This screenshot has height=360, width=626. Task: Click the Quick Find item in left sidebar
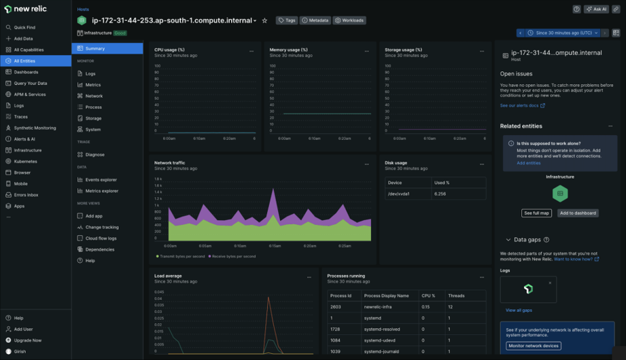24,27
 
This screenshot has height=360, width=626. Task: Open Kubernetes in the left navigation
26,161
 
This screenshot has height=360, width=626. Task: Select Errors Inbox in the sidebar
26,195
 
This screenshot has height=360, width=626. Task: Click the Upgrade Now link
27,340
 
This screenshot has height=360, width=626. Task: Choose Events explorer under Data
101,180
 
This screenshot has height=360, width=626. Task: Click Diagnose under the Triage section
94,155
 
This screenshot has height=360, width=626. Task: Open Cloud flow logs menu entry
101,238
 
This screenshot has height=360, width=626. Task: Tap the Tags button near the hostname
287,20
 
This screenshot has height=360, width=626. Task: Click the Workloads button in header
349,20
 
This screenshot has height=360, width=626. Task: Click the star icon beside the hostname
264,21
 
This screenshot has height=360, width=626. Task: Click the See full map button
536,213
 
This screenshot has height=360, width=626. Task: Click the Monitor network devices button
534,346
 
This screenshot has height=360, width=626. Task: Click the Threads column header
457,295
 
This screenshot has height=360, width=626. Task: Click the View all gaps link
519,310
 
